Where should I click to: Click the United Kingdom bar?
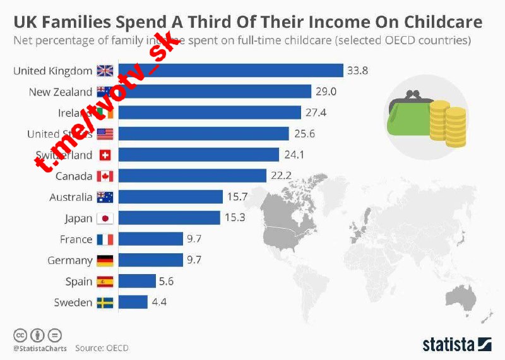pos(230,71)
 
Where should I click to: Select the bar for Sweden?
pos(133,303)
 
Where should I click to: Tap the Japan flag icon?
pos(104,219)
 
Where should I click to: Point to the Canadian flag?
pos(104,176)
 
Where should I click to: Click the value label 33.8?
pos(357,71)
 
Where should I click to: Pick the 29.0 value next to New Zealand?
pos(326,92)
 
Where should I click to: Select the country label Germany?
pos(70,260)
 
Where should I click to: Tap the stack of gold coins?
pos(447,123)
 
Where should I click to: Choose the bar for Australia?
pos(170,197)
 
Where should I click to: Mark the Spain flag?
pos(104,282)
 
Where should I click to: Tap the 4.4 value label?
pos(158,303)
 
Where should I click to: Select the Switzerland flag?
pos(104,155)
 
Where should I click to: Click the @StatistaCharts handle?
pos(40,347)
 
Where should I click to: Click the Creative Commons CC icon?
pos(20,334)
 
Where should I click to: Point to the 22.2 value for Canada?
pos(281,176)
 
